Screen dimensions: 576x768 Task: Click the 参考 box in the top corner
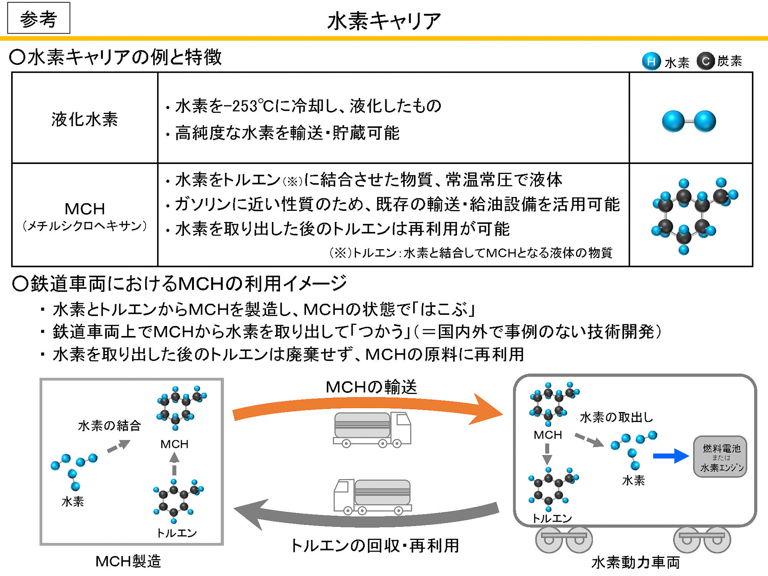tap(38, 18)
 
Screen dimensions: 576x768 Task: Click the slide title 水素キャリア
tap(384, 21)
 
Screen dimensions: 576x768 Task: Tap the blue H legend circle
tap(651, 62)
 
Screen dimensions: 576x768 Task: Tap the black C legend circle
tap(705, 61)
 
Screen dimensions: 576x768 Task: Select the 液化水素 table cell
tap(84, 119)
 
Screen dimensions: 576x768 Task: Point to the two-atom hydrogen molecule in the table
tap(689, 121)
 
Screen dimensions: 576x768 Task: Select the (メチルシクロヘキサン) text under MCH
tap(84, 226)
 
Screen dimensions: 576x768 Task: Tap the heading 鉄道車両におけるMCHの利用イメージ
tap(180, 283)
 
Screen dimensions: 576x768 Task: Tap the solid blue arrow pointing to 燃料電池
tap(670, 456)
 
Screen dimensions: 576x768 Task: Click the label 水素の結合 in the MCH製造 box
tap(109, 426)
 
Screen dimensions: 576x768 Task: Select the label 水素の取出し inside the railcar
tap(616, 417)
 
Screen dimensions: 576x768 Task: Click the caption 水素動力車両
tap(636, 562)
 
